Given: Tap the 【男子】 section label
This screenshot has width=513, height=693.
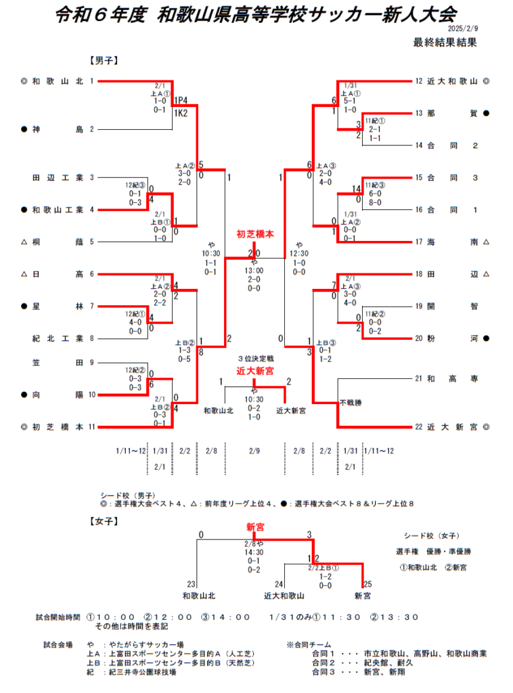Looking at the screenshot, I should coord(104,60).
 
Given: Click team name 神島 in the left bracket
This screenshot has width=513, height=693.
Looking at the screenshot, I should coord(57,129).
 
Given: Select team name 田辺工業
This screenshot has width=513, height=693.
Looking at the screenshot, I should coord(57,178).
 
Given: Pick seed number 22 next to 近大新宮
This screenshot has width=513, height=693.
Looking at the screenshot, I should coord(420,427).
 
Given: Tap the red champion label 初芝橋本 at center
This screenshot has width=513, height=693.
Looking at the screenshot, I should coord(255,234).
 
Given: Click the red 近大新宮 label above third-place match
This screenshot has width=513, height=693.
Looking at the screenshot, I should coord(255,371).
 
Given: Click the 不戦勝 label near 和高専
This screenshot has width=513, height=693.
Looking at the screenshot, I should coord(351,403).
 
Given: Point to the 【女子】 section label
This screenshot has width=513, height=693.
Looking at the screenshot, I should coord(104,521).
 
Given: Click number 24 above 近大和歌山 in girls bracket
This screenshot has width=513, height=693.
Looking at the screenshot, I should coord(278,584).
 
